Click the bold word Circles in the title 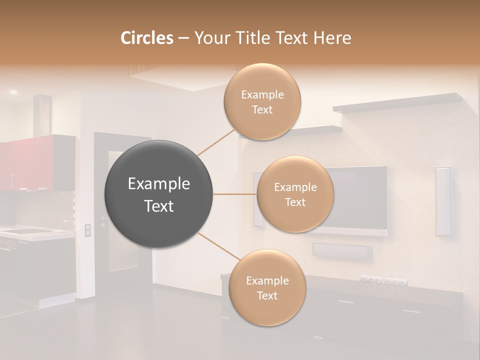(x=146, y=38)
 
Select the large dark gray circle (x=159, y=194)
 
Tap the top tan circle (x=262, y=102)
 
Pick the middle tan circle (x=295, y=194)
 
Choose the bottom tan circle (x=267, y=288)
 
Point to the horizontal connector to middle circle (x=235, y=194)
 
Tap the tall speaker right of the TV (x=443, y=201)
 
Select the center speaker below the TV (x=341, y=251)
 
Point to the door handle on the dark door (x=104, y=220)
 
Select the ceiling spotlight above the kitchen (x=13, y=92)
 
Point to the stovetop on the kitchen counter (x=22, y=231)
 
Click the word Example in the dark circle (x=159, y=184)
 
